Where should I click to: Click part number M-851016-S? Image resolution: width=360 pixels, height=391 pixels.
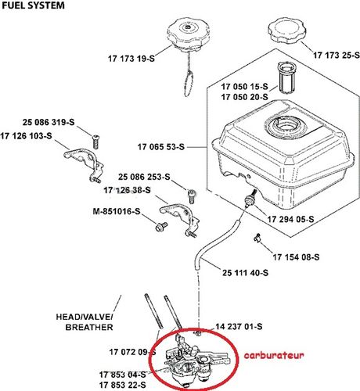(x=117, y=211)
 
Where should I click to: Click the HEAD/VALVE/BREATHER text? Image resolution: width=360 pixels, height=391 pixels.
(x=84, y=322)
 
